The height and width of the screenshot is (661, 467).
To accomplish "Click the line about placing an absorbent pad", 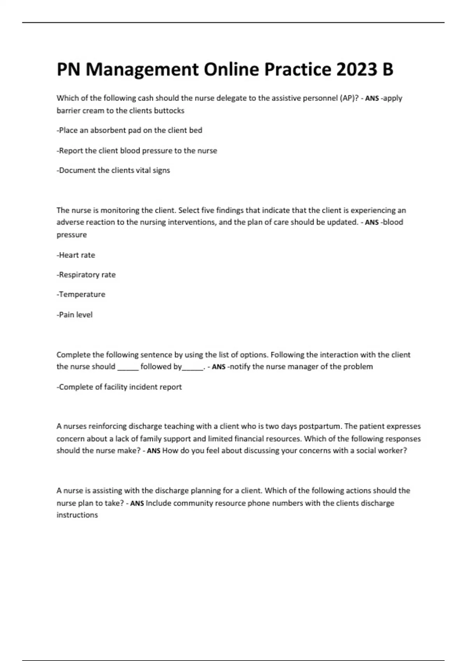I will (x=130, y=131).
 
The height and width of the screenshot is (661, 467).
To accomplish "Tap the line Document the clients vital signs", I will (x=113, y=170).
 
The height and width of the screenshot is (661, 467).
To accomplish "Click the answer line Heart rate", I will (x=76, y=255).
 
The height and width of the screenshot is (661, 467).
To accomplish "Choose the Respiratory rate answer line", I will (x=86, y=275).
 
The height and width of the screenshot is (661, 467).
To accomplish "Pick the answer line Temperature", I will (x=81, y=295).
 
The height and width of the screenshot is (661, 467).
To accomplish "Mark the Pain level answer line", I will (x=75, y=315).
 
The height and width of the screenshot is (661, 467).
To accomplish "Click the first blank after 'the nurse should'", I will (x=128, y=367).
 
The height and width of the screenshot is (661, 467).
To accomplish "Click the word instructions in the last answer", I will (x=77, y=515).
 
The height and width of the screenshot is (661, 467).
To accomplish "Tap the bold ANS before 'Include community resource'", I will (x=137, y=504).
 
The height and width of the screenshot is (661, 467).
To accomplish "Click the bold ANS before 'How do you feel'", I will (x=154, y=451).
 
